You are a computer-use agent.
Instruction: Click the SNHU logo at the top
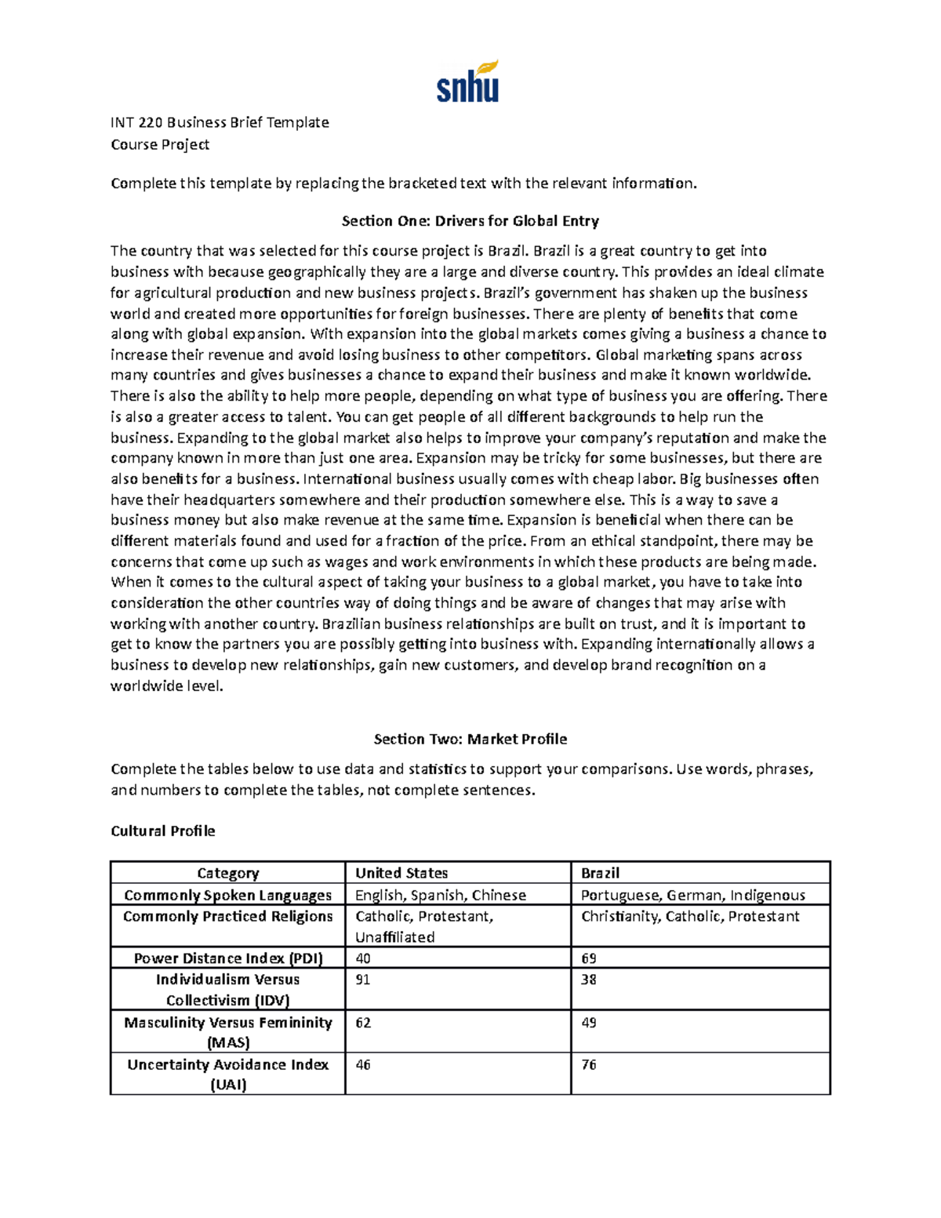point(467,82)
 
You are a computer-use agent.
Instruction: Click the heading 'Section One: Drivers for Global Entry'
point(470,221)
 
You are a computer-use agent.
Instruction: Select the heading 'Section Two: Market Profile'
point(470,739)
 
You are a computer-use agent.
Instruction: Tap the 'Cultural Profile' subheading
point(163,831)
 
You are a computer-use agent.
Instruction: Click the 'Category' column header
point(227,873)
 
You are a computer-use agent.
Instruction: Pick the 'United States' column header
point(401,873)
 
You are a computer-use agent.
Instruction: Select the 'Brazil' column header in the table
point(600,873)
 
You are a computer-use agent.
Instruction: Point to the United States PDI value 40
point(363,958)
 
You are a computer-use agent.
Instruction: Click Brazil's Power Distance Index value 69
point(589,958)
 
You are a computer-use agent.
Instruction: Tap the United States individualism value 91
point(363,980)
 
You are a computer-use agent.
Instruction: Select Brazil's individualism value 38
point(589,980)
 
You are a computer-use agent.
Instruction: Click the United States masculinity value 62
point(363,1023)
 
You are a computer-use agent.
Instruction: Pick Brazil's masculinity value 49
point(589,1023)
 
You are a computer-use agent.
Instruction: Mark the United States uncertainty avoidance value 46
point(363,1065)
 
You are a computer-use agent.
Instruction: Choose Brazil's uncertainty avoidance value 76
point(589,1065)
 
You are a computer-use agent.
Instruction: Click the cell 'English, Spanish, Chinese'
point(441,895)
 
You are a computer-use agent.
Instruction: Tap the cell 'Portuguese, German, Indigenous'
point(692,895)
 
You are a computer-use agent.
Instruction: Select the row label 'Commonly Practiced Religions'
point(227,916)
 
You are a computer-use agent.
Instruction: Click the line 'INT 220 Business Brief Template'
point(220,122)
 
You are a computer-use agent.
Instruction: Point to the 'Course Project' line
point(160,144)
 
